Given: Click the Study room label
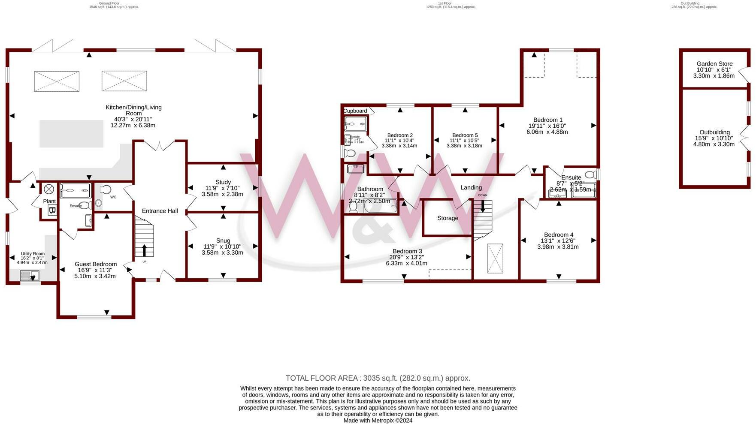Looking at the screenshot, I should (223, 182).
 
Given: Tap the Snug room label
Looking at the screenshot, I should (223, 241).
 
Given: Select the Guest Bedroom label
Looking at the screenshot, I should (96, 264).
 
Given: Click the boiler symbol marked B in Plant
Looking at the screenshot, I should (52, 210).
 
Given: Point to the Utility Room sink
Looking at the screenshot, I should (30, 275).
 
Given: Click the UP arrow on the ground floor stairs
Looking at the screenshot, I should (144, 250).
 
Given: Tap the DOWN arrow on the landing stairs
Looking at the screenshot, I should (483, 206).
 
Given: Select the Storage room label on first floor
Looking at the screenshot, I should (448, 218).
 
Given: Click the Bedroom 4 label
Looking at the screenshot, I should (559, 235).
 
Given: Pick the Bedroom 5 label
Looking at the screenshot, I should (465, 135).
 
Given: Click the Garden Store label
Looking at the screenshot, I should (714, 64).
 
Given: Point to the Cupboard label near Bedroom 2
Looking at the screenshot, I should (355, 111).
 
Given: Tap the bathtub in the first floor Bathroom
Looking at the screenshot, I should (380, 206).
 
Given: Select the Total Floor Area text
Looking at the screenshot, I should (378, 378).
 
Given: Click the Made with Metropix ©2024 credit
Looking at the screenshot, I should (378, 421).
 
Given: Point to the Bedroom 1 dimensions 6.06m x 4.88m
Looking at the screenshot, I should (547, 132).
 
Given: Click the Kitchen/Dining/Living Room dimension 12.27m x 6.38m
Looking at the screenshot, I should (133, 126).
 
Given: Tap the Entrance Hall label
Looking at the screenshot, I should (160, 211).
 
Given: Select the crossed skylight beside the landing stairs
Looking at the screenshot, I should (495, 259).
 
